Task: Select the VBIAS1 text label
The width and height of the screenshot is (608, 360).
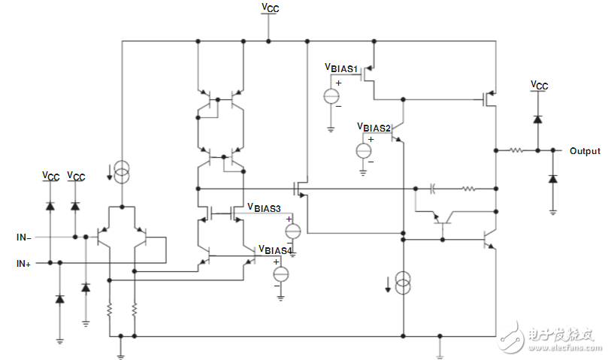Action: (341, 67)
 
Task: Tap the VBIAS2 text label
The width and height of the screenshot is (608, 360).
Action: (374, 127)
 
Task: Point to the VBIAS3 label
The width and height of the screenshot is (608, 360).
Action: (265, 208)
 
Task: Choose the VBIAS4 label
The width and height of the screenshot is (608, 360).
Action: (276, 249)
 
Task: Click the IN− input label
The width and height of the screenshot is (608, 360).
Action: (23, 237)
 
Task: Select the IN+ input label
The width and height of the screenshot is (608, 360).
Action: (23, 263)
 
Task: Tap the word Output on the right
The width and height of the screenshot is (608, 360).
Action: (585, 151)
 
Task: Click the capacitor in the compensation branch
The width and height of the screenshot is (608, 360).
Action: (433, 189)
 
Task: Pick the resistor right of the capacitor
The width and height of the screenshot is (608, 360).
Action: (467, 189)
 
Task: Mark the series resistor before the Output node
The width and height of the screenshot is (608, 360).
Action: (517, 150)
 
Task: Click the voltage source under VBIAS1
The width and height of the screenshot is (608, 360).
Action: (331, 96)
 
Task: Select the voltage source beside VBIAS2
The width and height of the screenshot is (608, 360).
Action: (363, 150)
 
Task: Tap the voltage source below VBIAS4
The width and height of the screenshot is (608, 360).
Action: (280, 274)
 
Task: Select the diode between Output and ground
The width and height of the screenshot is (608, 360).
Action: (552, 178)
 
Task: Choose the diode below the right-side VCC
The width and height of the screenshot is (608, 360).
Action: (537, 119)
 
